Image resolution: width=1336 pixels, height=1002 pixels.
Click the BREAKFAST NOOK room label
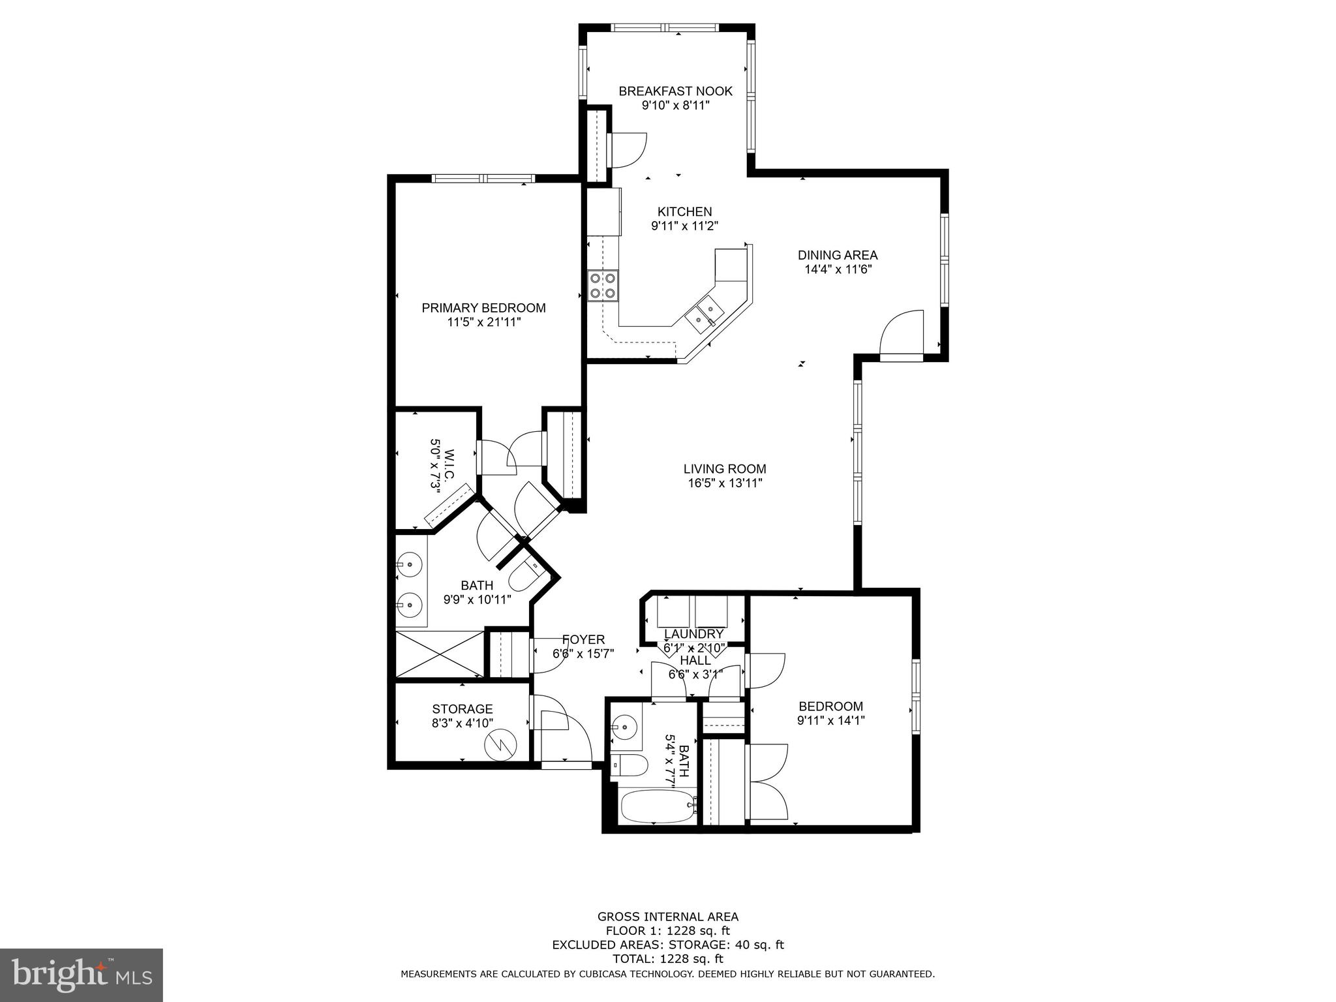coord(675,91)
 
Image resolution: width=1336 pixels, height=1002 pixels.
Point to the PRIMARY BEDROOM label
coord(483,308)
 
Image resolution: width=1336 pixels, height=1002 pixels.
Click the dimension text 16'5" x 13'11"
coord(724,483)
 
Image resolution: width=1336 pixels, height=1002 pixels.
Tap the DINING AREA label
coord(838,255)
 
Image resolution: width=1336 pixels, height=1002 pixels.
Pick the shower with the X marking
coord(440,654)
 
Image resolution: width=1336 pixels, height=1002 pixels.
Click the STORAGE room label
coord(462,709)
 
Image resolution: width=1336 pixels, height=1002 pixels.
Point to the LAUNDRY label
coord(693,634)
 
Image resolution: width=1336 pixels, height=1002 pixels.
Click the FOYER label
coord(583,640)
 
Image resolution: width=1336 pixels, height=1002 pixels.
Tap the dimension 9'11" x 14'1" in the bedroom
coord(830,721)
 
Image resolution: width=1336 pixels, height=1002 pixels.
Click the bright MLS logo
coord(81,974)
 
